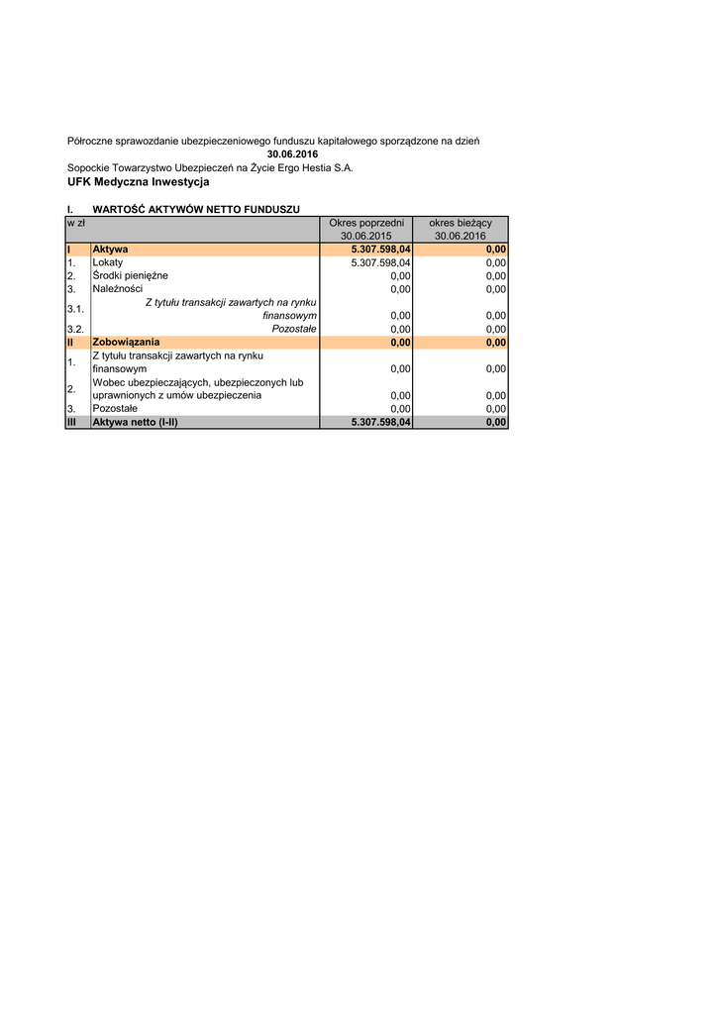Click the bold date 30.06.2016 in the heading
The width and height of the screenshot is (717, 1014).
point(285,154)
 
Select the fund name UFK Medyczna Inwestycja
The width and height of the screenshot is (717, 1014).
point(138,182)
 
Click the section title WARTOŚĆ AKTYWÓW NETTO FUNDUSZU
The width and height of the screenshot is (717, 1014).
point(196,209)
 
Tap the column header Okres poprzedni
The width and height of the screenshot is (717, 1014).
point(366,223)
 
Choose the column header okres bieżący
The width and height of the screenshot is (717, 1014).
point(461,223)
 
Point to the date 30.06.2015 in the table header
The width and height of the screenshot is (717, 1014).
point(366,236)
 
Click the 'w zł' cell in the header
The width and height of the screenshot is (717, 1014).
point(76,223)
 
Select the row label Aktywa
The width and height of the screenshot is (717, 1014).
point(110,250)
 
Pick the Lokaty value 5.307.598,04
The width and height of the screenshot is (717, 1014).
point(381,262)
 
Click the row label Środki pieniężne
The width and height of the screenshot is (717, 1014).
point(131,275)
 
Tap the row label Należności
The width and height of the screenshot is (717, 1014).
point(117,289)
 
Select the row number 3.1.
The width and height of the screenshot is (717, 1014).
point(75,309)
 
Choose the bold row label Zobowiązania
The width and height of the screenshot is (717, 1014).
point(126,343)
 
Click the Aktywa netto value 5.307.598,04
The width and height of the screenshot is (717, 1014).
point(381,422)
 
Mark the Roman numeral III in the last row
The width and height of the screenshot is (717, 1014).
point(72,422)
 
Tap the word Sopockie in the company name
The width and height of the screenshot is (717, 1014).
point(90,168)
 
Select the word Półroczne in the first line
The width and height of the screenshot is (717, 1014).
point(89,142)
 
